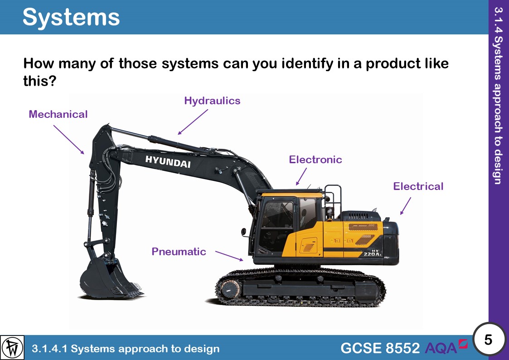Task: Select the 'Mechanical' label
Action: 58,114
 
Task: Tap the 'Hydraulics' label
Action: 212,101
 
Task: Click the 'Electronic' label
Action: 315,160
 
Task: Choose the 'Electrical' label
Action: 418,186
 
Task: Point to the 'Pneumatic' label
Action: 179,252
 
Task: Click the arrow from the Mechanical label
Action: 69,140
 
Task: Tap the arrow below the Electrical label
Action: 406,205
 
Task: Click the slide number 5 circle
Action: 488,339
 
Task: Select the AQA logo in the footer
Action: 446,347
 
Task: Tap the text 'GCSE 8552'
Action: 380,348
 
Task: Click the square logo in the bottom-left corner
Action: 13,348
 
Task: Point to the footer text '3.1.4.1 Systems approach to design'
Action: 126,349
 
